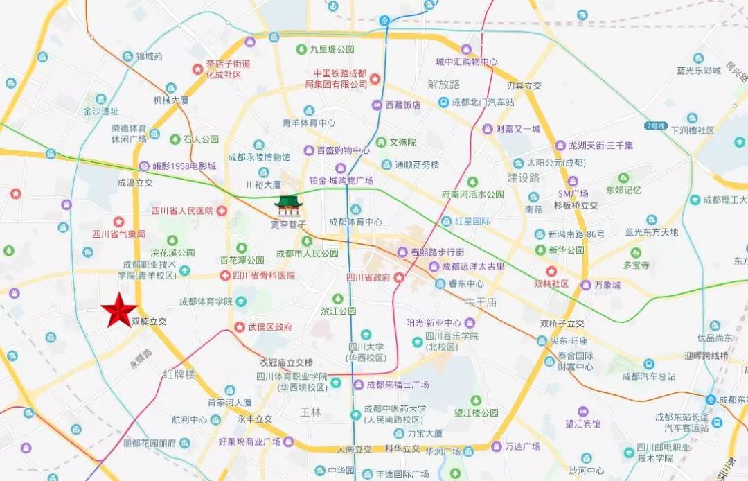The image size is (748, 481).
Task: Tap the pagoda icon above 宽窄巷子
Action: point(287,207)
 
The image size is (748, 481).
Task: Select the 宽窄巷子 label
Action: point(288,225)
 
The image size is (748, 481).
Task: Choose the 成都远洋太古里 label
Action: point(474,266)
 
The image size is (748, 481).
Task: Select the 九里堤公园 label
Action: point(332,49)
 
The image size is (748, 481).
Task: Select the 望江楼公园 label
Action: point(476,412)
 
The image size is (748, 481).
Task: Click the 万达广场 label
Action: point(522,446)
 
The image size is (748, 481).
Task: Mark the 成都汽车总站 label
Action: point(648,376)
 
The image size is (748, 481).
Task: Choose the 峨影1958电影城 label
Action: point(184,166)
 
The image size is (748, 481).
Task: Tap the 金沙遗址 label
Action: point(101,111)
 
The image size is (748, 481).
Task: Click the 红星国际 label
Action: point(472,222)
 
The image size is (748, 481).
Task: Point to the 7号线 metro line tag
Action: point(654,126)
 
